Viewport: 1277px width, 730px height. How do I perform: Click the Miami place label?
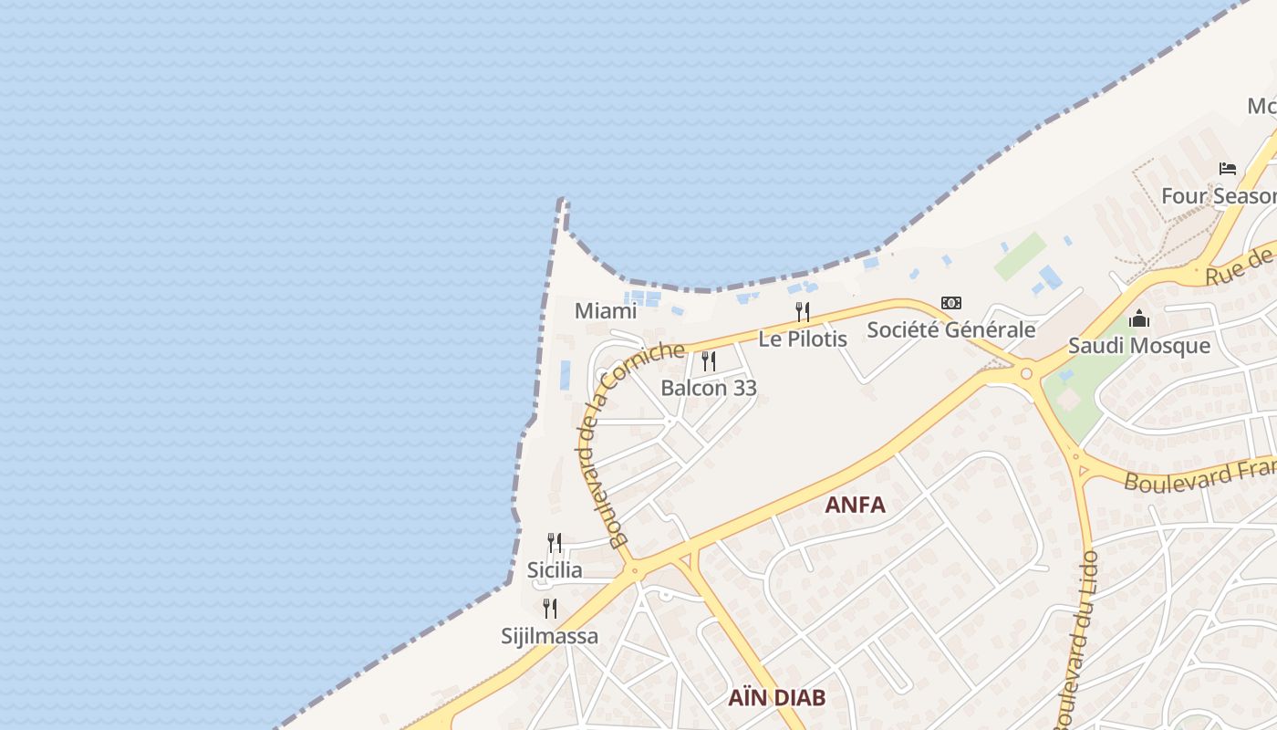[606, 311]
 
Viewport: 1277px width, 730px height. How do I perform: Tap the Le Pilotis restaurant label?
[803, 339]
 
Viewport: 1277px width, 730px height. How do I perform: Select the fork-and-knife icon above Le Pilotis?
[803, 312]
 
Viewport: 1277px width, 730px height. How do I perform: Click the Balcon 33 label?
[709, 388]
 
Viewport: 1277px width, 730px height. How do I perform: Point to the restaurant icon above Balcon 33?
[709, 361]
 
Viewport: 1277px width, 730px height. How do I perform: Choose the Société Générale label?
[951, 329]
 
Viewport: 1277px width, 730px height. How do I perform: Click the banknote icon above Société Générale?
[951, 303]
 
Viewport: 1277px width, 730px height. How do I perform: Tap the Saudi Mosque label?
[1139, 346]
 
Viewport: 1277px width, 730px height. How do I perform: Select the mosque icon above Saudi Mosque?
[1139, 319]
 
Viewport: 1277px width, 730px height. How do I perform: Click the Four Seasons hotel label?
[1219, 196]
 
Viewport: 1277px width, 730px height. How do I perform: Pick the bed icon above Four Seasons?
[1228, 169]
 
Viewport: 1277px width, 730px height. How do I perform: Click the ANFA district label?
[855, 505]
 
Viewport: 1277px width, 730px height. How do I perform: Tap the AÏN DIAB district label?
[777, 698]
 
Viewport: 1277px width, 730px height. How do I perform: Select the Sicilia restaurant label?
[555, 570]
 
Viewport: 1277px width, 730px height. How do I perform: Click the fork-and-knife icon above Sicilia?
[554, 543]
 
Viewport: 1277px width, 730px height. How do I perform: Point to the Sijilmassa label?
[550, 636]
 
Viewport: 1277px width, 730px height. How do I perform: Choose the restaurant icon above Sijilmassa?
[550, 609]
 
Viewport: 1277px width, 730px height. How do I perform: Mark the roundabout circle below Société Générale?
[1026, 372]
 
